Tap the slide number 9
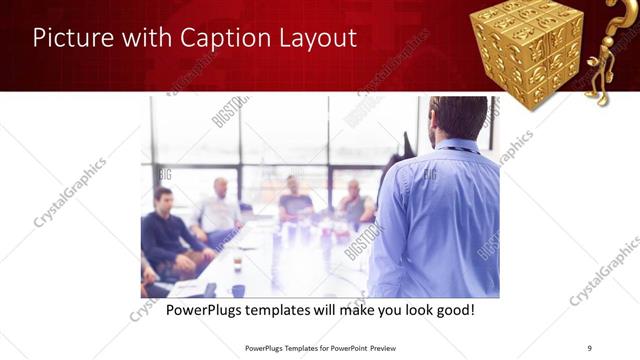tap(589, 347)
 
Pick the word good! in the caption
tap(453, 311)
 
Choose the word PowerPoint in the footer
tap(335, 347)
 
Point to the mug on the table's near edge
tap(237, 290)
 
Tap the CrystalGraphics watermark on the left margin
tap(70, 192)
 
